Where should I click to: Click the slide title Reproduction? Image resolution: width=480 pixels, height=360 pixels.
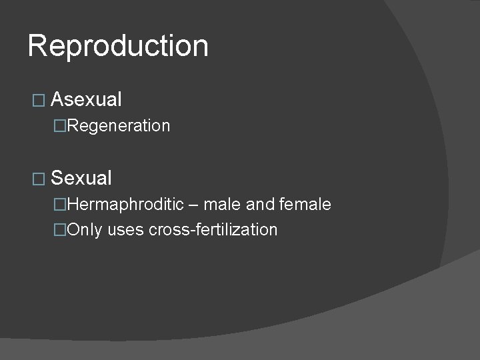click(118, 46)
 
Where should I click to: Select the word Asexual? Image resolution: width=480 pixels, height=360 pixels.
click(86, 100)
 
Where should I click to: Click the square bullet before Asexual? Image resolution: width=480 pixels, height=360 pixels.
click(38, 101)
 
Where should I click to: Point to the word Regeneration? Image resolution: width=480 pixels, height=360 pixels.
click(119, 126)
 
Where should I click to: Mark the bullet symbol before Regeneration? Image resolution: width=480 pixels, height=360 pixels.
click(61, 126)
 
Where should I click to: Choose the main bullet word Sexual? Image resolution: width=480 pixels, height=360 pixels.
click(81, 178)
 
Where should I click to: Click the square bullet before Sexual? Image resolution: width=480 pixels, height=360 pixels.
click(38, 179)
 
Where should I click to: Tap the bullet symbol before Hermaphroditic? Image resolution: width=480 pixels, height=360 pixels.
click(61, 204)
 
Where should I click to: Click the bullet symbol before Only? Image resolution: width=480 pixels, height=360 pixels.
click(61, 230)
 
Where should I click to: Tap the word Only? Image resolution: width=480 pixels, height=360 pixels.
click(85, 230)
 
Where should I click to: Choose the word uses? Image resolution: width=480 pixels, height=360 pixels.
click(126, 231)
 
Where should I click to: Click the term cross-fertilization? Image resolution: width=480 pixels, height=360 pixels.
click(213, 230)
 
